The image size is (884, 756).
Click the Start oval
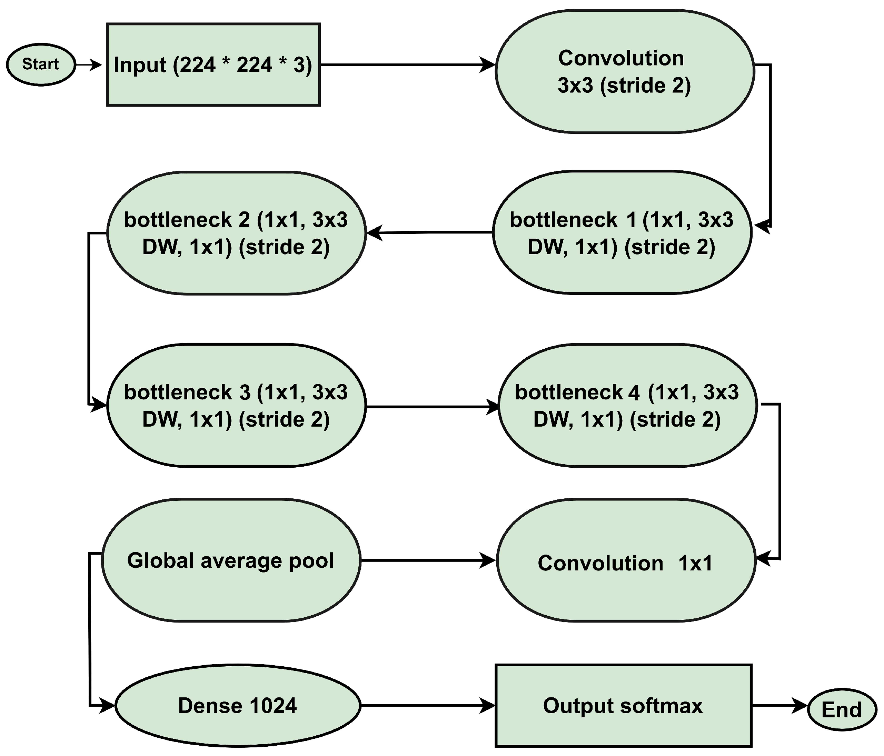coord(41,64)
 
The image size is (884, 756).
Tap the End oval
coord(841,710)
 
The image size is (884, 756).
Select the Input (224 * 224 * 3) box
coord(213,65)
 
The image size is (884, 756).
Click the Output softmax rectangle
coord(623,706)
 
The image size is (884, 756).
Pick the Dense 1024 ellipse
coord(238,706)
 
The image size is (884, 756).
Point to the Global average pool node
coord(230,560)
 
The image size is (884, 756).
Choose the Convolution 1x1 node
coord(625,560)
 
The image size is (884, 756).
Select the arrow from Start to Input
coord(89,65)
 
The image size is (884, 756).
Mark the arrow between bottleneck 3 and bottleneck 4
coord(431,407)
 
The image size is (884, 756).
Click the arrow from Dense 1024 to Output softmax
coord(427,706)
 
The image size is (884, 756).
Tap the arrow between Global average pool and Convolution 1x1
coord(427,560)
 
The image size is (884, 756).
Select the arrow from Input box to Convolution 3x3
coord(405,65)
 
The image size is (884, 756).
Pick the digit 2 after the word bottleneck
coord(244,220)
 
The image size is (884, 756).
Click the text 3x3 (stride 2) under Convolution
coord(624,86)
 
